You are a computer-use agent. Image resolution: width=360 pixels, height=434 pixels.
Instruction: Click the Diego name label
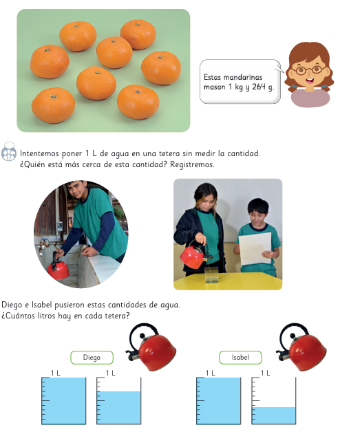(x=92, y=358)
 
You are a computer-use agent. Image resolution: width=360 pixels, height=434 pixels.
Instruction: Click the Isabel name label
(x=240, y=358)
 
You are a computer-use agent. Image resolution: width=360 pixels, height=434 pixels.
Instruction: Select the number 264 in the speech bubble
(x=259, y=87)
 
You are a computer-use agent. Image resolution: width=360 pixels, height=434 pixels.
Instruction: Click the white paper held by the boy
(x=255, y=248)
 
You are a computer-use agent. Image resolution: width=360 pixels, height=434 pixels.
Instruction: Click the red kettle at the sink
(x=58, y=268)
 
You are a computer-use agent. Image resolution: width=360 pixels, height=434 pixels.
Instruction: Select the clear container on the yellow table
(x=211, y=275)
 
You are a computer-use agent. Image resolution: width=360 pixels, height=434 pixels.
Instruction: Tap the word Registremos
(x=192, y=164)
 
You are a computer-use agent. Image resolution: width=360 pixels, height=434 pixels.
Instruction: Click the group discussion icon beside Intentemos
(x=9, y=151)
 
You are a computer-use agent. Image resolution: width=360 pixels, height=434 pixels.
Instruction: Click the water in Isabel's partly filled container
(x=273, y=415)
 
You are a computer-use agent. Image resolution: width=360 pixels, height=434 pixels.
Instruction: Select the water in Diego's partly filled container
(x=119, y=407)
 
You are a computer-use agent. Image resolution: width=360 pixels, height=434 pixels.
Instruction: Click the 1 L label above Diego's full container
(x=55, y=373)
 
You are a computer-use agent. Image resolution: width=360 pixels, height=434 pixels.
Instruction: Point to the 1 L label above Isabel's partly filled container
(x=265, y=373)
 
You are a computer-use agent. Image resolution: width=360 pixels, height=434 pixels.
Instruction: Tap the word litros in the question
(x=47, y=316)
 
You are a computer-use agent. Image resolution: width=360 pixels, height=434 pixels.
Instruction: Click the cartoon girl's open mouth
(x=310, y=81)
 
